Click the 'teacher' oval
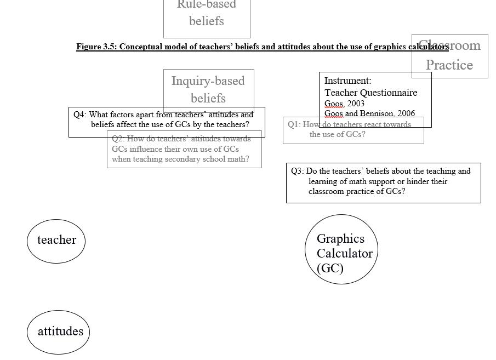56,241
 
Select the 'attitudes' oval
59,332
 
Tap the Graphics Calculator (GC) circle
341,250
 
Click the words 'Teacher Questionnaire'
370,93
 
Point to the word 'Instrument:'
348,81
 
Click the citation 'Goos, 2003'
344,103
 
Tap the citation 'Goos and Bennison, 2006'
369,113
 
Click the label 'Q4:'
80,115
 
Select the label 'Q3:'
297,171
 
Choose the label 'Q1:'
294,124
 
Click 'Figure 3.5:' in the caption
96,47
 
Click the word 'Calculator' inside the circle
344,253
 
